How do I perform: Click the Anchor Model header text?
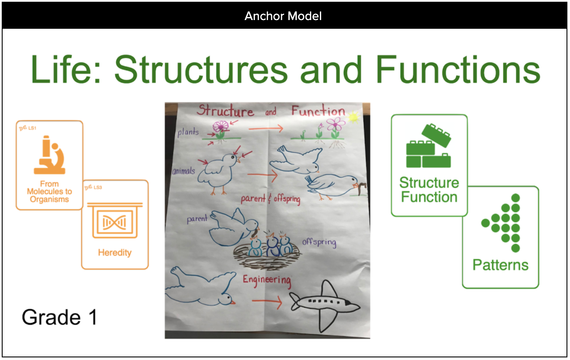pos(283,17)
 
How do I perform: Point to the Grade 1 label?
pos(60,317)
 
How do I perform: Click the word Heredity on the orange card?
pos(115,252)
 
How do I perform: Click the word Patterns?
pos(500,265)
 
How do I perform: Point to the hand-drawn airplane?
pos(325,305)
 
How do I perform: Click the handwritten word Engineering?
pos(267,279)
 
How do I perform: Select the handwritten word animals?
pos(183,171)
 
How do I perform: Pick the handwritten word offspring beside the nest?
pos(319,242)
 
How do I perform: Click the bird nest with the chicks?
pos(265,255)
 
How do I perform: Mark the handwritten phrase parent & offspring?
pos(270,199)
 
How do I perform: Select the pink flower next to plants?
pos(221,126)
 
